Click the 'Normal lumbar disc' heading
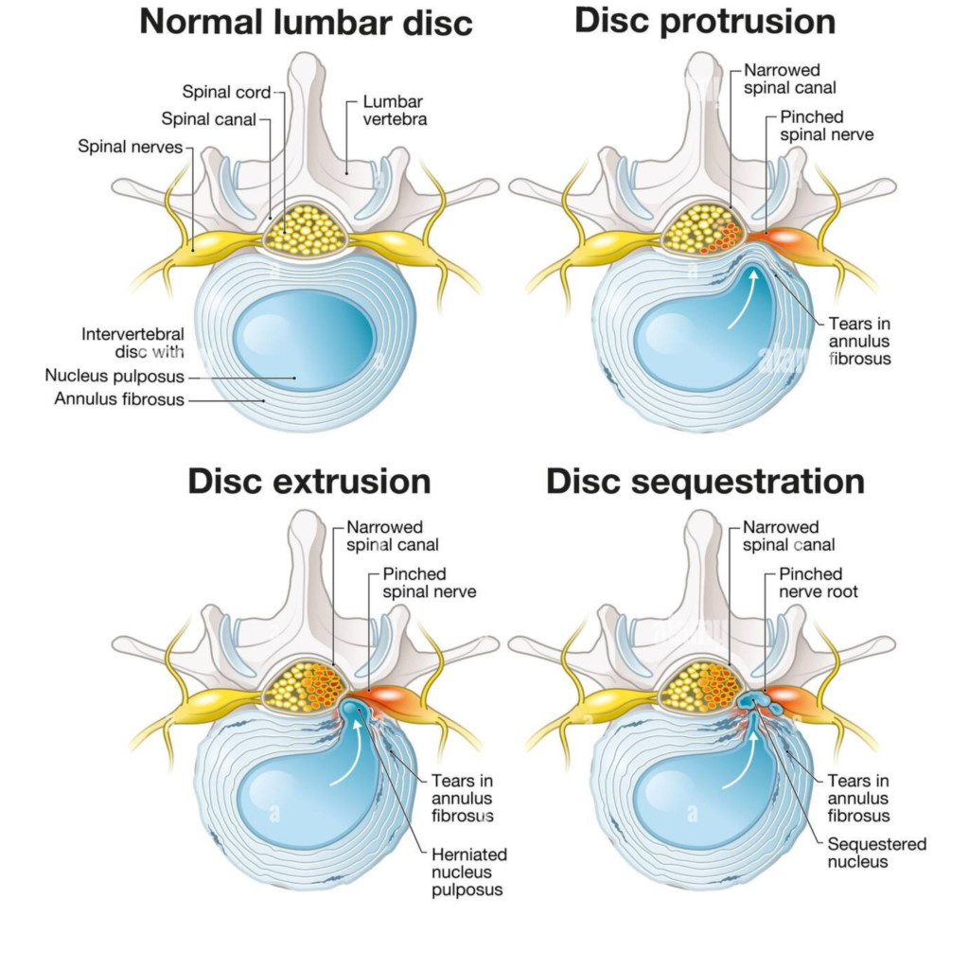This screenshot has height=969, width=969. [x=306, y=23]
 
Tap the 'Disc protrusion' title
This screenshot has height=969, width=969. [x=705, y=21]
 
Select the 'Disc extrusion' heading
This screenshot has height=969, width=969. [x=309, y=481]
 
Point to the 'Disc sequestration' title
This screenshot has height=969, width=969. [x=705, y=482]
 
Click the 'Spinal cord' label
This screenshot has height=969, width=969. [x=226, y=92]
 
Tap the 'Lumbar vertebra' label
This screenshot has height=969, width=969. [x=395, y=110]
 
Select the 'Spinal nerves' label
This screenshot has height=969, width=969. [x=131, y=147]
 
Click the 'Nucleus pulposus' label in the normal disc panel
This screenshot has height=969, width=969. [x=115, y=376]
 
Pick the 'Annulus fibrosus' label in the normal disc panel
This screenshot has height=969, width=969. [x=119, y=399]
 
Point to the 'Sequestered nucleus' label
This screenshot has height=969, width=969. [x=877, y=853]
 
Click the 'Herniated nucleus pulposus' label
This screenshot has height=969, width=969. [x=469, y=872]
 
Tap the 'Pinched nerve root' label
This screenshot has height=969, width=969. [x=819, y=583]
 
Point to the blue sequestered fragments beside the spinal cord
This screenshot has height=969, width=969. [x=760, y=702]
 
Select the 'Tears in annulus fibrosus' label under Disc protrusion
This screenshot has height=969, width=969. [x=859, y=341]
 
